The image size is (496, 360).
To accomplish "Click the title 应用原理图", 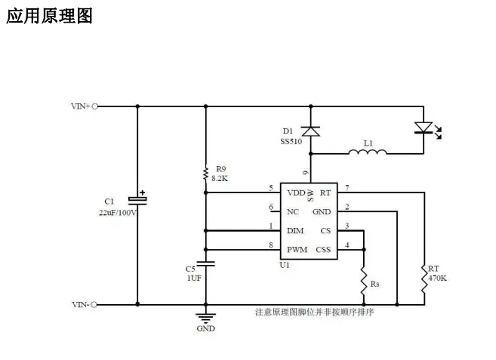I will [x=49, y=17].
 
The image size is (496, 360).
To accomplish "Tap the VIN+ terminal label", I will [x=81, y=106].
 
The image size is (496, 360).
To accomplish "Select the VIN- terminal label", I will [x=81, y=304].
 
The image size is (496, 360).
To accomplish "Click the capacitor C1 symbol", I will [x=137, y=199].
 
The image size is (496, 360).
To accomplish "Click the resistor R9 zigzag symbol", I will [x=205, y=174].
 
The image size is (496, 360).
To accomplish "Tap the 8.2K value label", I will [x=220, y=179].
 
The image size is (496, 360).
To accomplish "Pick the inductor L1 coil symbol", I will [x=368, y=152].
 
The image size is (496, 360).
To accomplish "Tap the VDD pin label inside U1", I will [x=296, y=192].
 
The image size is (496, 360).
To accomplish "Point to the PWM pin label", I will [x=296, y=249].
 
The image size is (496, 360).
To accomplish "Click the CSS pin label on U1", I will [x=323, y=249].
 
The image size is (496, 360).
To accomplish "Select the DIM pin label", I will [x=295, y=230].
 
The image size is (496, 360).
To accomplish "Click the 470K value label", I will [x=437, y=278].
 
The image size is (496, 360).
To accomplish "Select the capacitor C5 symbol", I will [x=205, y=263].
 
